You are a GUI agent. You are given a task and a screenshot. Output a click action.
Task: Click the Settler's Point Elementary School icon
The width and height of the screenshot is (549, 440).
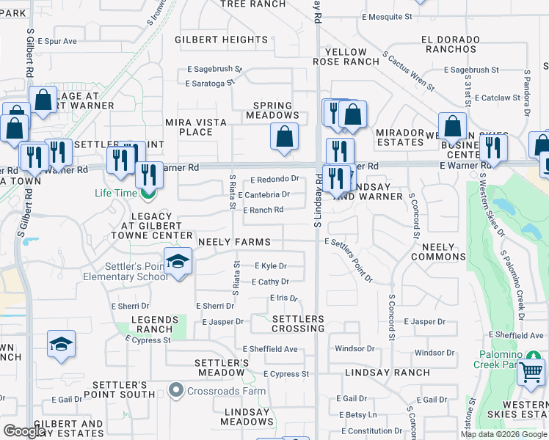coord(178,261)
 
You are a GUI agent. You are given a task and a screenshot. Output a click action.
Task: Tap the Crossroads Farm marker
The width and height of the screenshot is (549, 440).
coord(175,391)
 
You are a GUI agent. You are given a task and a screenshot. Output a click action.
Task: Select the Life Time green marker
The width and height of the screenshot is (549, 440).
coord(148,194)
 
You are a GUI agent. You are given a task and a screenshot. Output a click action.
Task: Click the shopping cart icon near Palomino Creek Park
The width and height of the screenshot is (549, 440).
coord(531,371)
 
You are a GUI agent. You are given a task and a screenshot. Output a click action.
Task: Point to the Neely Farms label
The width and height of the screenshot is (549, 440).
coord(233,242)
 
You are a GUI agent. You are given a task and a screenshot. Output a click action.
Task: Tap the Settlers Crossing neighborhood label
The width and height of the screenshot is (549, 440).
coord(298,323)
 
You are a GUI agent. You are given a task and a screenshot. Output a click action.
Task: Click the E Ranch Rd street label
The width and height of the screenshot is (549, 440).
coord(263,210)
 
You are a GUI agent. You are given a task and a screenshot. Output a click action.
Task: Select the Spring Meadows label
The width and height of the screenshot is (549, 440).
coord(272,110)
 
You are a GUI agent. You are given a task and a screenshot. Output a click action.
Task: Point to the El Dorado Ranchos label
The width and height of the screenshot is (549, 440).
coord(450,43)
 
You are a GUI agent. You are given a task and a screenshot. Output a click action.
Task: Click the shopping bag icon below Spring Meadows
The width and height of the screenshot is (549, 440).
coord(284,136)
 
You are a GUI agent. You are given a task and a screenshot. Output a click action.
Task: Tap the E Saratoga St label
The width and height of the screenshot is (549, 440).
coord(213,84)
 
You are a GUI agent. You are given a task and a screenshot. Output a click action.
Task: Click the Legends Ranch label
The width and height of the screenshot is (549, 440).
coord(155,324)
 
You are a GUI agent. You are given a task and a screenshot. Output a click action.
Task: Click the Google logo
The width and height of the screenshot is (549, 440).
coord(23,431)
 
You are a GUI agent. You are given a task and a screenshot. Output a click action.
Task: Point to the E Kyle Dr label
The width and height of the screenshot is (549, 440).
coord(270,266)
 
